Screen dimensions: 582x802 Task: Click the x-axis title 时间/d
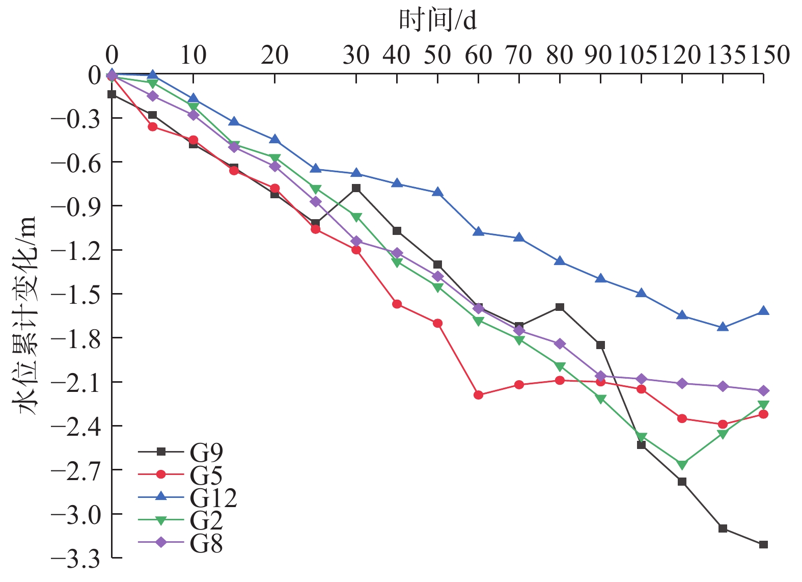438,20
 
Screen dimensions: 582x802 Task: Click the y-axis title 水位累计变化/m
24,316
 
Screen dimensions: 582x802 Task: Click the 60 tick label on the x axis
478,55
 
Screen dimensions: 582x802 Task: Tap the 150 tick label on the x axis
770,55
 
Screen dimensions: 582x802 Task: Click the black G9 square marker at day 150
763,545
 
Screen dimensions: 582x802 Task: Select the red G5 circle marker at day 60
478,395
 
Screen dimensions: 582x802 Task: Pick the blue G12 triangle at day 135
723,327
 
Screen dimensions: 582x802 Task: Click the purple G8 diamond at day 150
763,391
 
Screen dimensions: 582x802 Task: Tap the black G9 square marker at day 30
356,188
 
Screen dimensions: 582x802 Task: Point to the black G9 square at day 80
560,307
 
